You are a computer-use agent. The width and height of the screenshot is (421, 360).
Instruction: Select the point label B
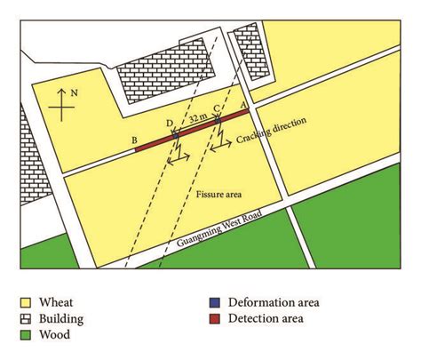click(x=133, y=140)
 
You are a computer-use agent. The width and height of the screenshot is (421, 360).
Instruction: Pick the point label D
click(x=170, y=122)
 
